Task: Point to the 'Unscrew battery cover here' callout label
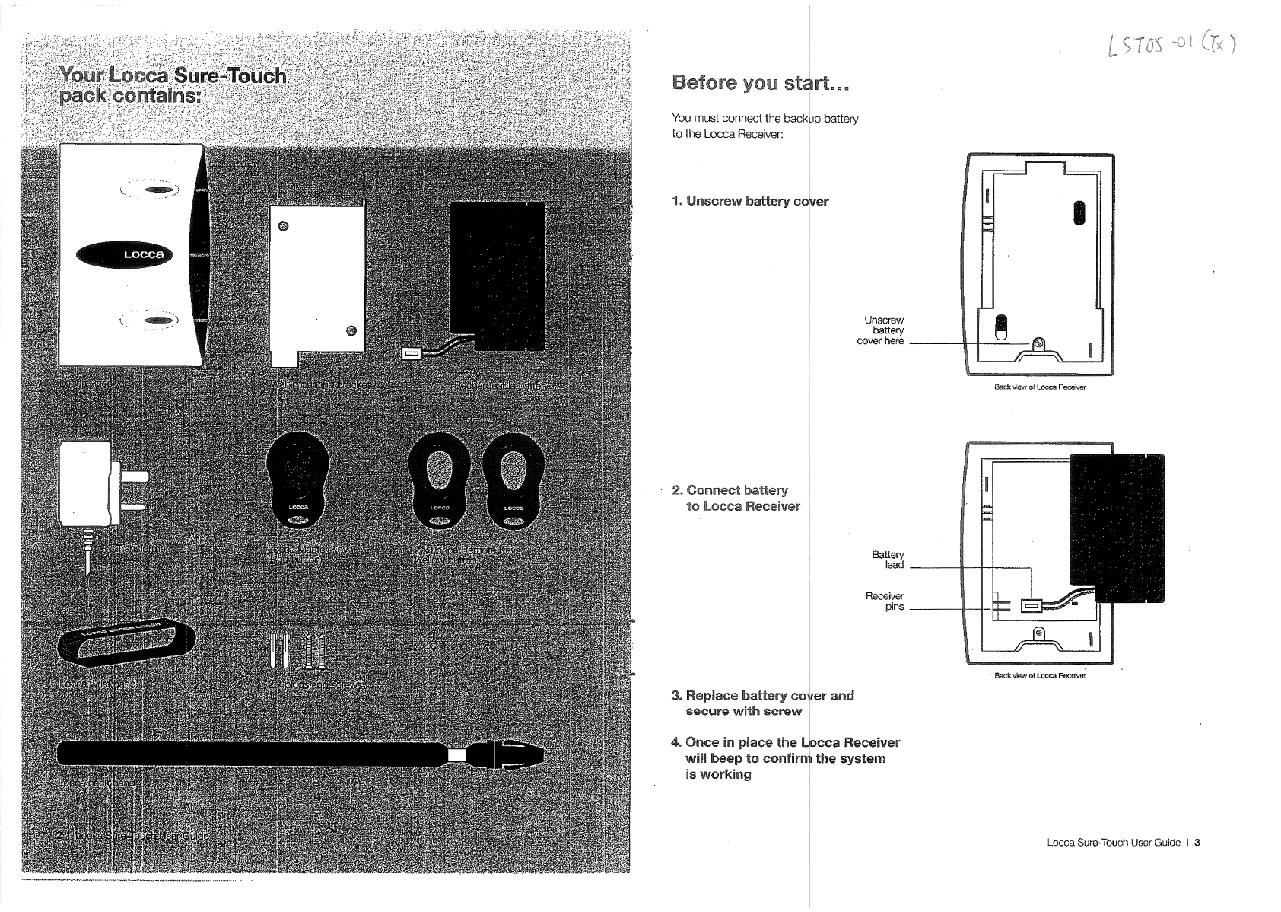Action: click(x=882, y=330)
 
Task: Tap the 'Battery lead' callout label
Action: click(x=888, y=560)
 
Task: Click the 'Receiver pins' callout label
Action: click(x=885, y=601)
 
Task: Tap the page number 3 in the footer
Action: click(x=1197, y=842)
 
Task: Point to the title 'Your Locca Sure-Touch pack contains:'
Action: click(x=173, y=86)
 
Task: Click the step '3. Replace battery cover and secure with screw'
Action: click(x=762, y=703)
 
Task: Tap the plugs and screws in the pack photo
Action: click(x=297, y=651)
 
